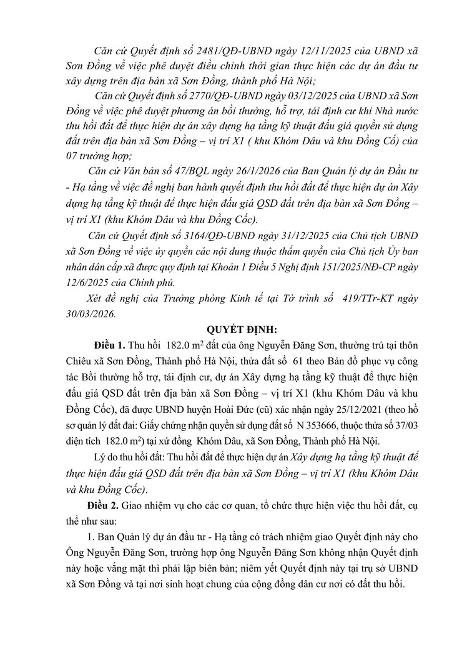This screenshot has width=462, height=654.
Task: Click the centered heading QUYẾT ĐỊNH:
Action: pyautogui.click(x=231, y=330)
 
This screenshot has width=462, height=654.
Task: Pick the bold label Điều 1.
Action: pyautogui.click(x=109, y=346)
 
